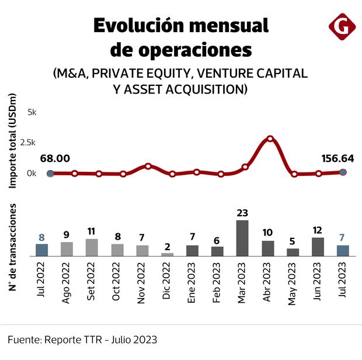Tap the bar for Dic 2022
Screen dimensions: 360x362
coord(167,254)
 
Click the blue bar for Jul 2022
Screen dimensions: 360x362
coord(41,250)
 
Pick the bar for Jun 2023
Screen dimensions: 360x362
coord(318,247)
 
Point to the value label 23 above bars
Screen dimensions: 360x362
coord(242,213)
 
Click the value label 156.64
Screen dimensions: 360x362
coord(338,158)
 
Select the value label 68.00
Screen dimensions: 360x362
coord(55,158)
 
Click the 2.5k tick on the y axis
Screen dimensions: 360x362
coord(28,142)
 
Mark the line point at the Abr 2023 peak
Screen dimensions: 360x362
coord(270,139)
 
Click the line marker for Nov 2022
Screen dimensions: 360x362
coord(148,166)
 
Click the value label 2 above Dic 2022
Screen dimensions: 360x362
coord(167,247)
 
